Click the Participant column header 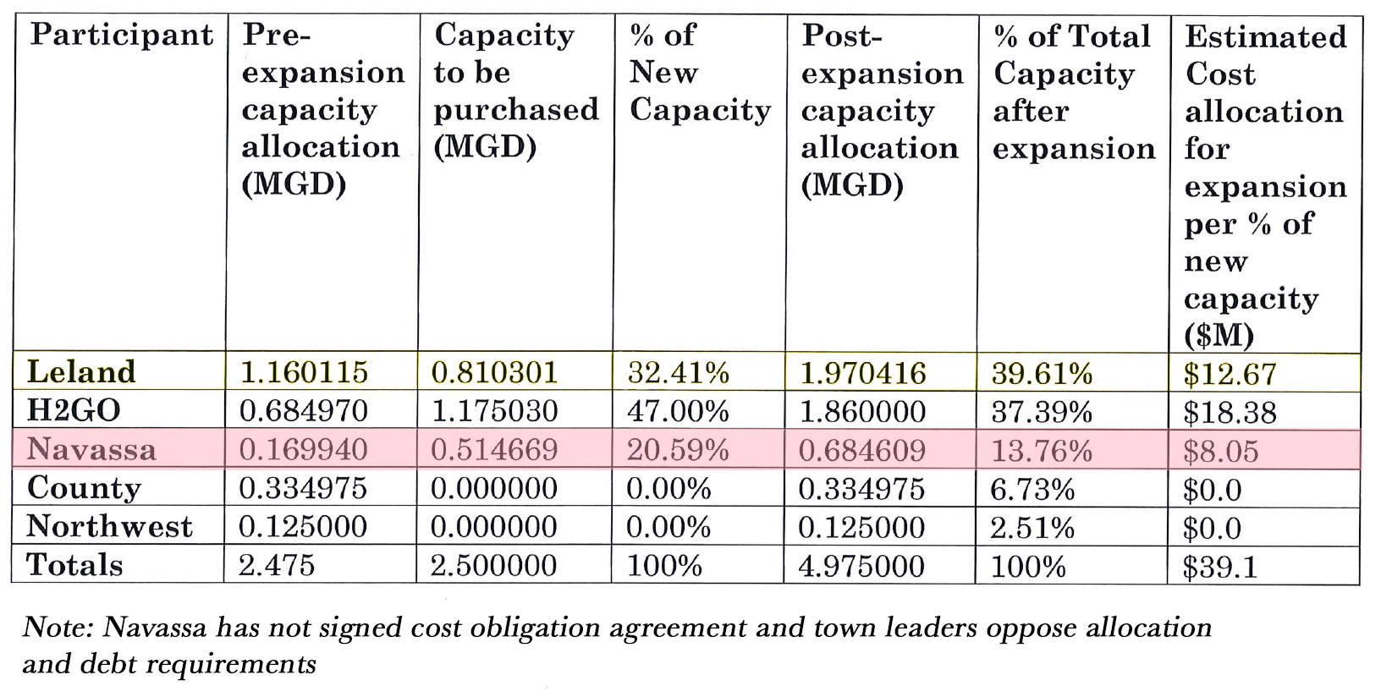[121, 35]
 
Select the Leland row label [81, 372]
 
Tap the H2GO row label [74, 411]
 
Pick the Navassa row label [91, 449]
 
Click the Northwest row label [109, 526]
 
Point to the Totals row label [74, 564]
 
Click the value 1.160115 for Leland [305, 372]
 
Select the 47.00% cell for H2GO [678, 411]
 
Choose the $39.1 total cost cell [1220, 567]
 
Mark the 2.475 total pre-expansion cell [277, 565]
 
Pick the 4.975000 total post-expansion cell [862, 565]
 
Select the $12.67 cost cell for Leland [1230, 374]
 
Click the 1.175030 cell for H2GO [494, 411]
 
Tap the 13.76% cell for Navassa [1042, 450]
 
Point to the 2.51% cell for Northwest [1032, 528]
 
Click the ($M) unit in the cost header [1219, 336]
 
